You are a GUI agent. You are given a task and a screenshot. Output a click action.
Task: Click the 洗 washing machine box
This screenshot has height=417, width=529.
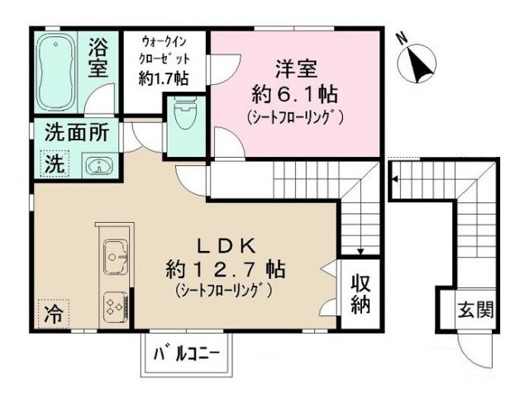click(x=53, y=163)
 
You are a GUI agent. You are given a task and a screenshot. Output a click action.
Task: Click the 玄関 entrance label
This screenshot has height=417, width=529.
click(x=476, y=310)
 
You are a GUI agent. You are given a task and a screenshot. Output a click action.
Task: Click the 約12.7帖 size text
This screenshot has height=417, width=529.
click(x=224, y=268)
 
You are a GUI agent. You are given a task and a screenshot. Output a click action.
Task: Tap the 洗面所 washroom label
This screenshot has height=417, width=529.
click(x=75, y=131)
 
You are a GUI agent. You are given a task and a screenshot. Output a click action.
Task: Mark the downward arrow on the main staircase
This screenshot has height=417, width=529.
click(x=360, y=250)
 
